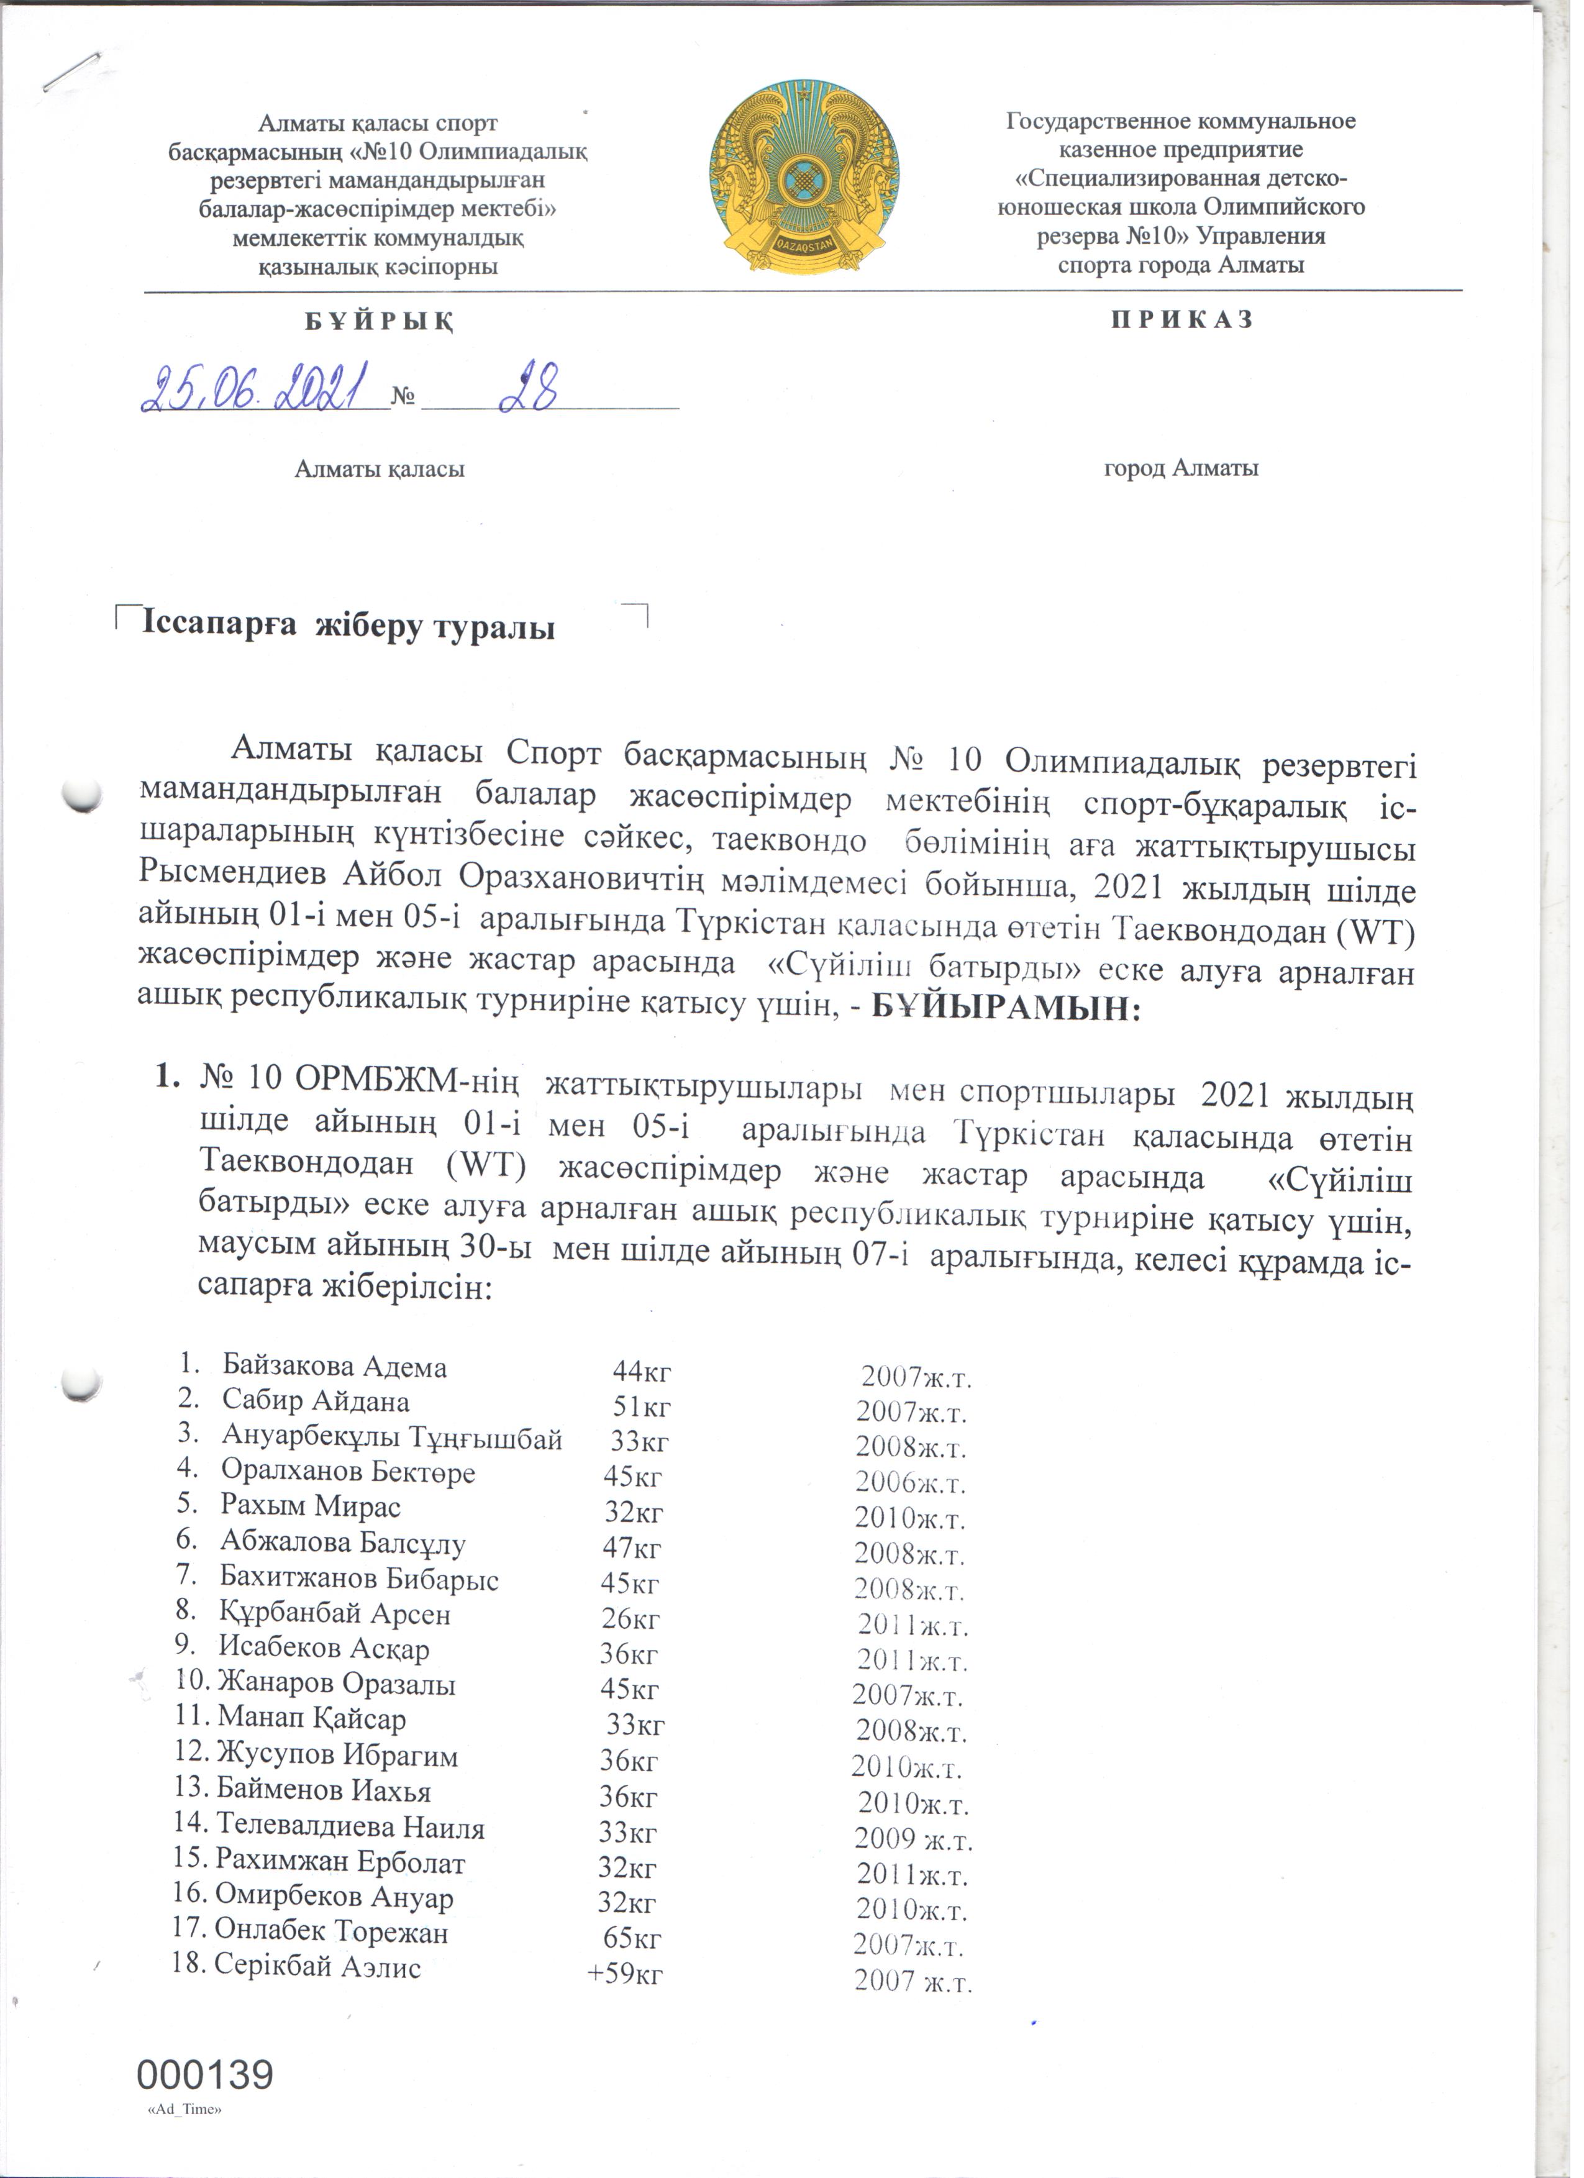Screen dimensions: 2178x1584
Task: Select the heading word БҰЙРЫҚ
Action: click(382, 322)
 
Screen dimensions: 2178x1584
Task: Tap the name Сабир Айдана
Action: click(318, 1411)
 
